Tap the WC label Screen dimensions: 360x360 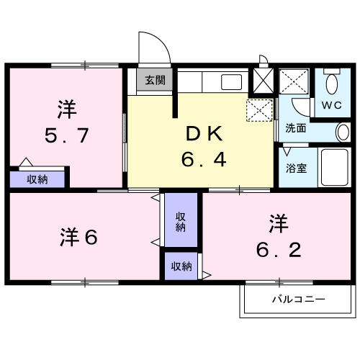(331, 105)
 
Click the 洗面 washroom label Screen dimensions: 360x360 (295, 128)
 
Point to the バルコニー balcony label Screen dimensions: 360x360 (298, 298)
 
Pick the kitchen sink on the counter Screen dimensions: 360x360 (231, 81)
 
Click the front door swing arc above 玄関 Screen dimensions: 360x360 (154, 48)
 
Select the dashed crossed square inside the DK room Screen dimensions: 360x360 (259, 110)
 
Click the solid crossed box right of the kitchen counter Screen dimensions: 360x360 (262, 79)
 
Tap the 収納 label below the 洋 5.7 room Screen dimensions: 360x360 (37, 179)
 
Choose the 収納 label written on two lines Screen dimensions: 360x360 (180, 221)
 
